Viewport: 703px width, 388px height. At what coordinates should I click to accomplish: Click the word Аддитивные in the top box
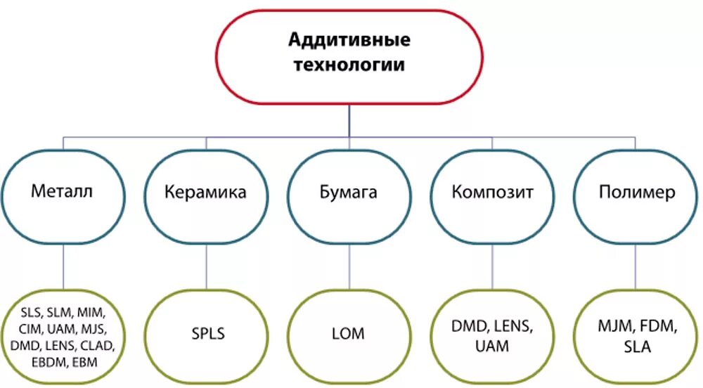pyautogui.click(x=349, y=40)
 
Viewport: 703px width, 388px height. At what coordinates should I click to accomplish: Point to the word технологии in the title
pyautogui.click(x=349, y=65)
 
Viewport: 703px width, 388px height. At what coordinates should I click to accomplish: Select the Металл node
pyautogui.click(x=63, y=190)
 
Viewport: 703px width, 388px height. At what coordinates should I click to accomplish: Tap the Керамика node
pyautogui.click(x=206, y=192)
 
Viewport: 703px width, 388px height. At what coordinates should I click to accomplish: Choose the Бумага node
pyautogui.click(x=349, y=192)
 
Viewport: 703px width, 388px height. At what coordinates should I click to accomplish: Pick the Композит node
pyautogui.click(x=492, y=192)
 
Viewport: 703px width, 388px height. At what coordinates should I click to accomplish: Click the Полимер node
pyautogui.click(x=635, y=192)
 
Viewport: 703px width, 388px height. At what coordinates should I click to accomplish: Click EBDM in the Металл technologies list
pyautogui.click(x=45, y=362)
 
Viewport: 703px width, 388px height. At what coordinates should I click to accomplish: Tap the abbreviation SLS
pyautogui.click(x=31, y=312)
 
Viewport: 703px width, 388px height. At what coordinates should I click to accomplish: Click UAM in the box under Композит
pyautogui.click(x=492, y=347)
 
